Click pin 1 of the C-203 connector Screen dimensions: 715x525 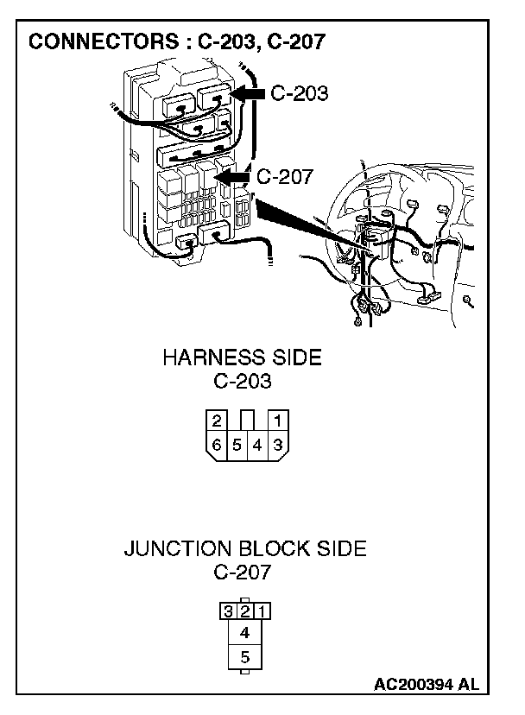[278, 421]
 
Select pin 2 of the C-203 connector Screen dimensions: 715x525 [216, 421]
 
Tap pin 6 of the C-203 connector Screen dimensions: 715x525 [216, 446]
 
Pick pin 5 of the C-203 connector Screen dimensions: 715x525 [237, 446]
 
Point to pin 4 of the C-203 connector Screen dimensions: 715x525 [257, 446]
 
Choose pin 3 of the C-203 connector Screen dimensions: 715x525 [278, 446]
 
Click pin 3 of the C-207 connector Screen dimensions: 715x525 [227, 611]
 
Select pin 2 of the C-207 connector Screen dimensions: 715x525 [244, 611]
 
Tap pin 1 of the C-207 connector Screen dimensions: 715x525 [262, 611]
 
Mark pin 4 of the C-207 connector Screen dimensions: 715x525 [245, 633]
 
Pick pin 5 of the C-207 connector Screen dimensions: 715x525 [245, 656]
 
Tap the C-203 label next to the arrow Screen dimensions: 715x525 [299, 93]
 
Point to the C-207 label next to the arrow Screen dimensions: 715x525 [285, 177]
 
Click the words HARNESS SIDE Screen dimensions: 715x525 [242, 357]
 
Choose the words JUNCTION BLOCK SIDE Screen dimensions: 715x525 [244, 548]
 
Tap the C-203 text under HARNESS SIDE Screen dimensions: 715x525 [242, 380]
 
